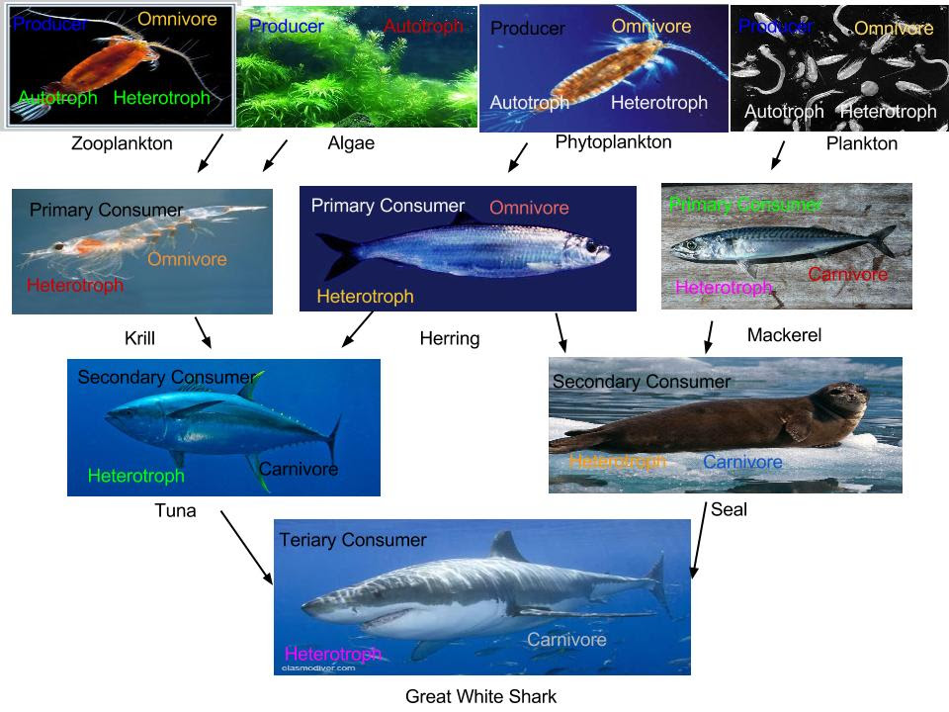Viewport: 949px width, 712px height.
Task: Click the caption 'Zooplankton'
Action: tap(122, 143)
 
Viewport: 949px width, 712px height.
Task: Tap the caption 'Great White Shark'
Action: tap(480, 696)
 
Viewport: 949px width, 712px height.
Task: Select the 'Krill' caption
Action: tap(139, 339)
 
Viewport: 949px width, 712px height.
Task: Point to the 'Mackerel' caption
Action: tap(784, 335)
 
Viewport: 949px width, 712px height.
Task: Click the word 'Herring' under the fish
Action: tap(449, 339)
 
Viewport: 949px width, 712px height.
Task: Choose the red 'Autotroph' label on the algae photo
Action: tap(423, 27)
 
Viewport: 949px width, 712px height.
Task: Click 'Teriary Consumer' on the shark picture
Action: tap(353, 540)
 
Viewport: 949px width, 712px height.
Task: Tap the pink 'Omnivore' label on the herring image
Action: tap(529, 208)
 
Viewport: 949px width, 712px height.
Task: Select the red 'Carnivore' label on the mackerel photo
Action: tap(847, 274)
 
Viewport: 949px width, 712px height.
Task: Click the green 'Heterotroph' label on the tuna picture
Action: tap(135, 476)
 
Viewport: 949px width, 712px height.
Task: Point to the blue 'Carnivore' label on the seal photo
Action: tap(742, 462)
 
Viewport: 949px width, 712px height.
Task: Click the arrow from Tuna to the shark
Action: tap(246, 546)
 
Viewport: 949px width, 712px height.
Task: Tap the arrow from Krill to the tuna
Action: tap(204, 332)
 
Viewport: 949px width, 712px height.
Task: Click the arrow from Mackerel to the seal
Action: tap(709, 336)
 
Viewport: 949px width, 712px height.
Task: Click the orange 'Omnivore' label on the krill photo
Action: tap(187, 259)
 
